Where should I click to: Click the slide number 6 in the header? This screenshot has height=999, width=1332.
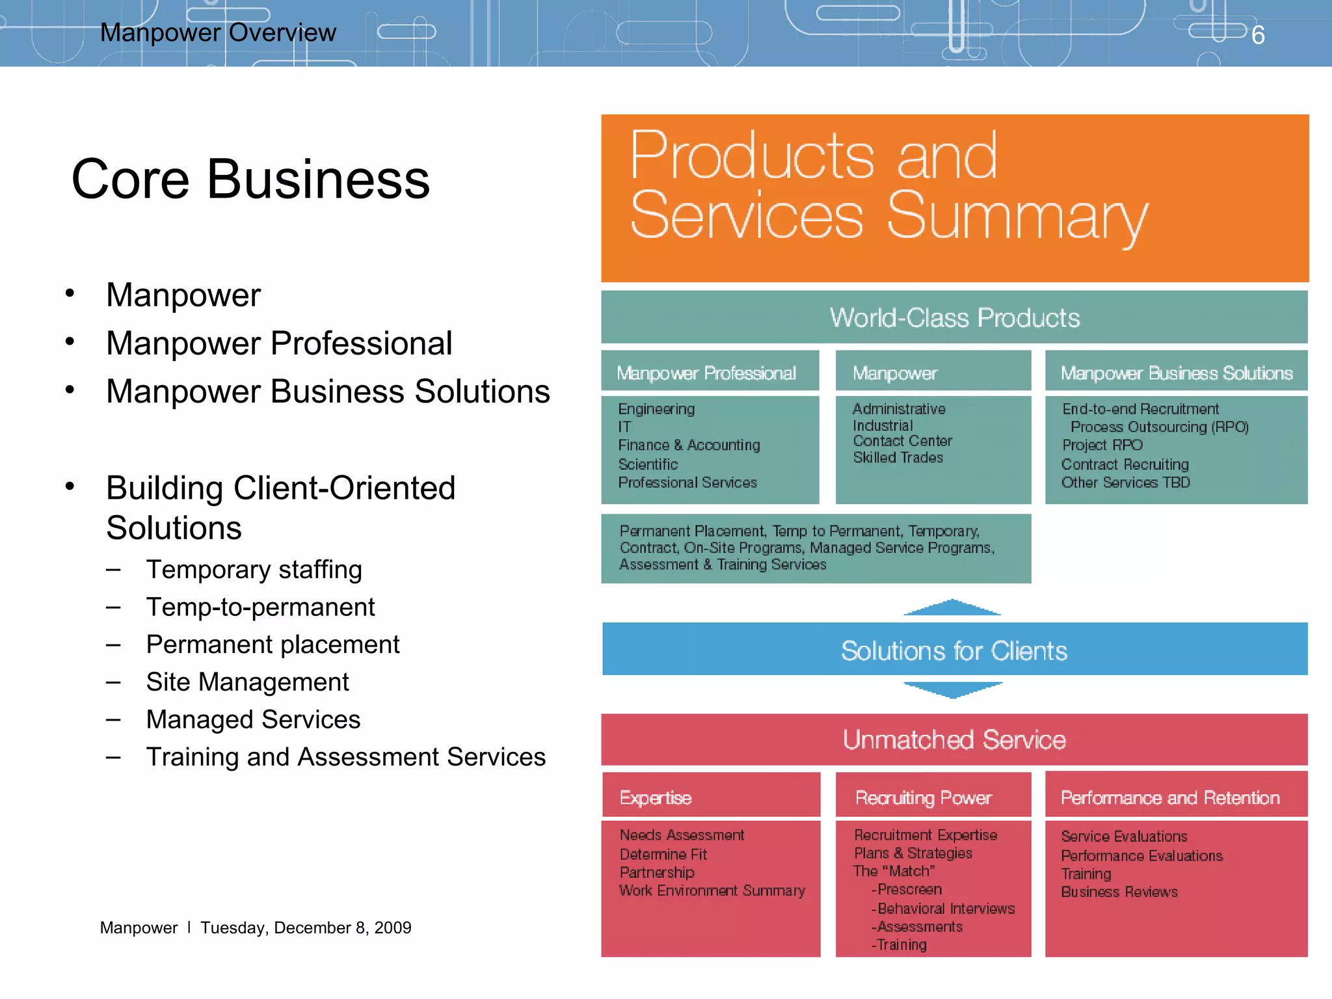[x=1258, y=35]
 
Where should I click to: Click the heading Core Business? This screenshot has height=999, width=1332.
[x=250, y=179]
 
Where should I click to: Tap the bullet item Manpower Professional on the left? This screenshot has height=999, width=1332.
[x=279, y=343]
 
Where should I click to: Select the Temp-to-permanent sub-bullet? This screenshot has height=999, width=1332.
[x=260, y=607]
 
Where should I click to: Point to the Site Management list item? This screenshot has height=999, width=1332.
[x=247, y=682]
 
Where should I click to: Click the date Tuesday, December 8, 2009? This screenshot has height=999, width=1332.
[x=306, y=927]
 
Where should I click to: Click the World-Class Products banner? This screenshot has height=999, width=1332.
[x=954, y=317]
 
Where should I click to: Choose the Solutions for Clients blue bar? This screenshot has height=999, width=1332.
[x=954, y=650]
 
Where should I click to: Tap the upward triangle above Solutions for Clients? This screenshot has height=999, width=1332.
[x=952, y=607]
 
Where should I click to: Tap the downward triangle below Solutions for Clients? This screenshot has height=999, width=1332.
[x=953, y=689]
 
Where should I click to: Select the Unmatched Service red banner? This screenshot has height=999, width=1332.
[x=954, y=739]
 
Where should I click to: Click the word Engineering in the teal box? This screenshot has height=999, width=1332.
[x=656, y=409]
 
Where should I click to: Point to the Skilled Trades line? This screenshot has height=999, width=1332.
[x=898, y=457]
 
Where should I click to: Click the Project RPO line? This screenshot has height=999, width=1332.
[x=1102, y=445]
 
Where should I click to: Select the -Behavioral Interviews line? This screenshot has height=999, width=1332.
[x=943, y=909]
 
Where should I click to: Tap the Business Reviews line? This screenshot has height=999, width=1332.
[x=1119, y=892]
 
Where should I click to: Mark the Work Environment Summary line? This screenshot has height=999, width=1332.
[x=712, y=890]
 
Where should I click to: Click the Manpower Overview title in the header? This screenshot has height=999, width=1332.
[x=218, y=33]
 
